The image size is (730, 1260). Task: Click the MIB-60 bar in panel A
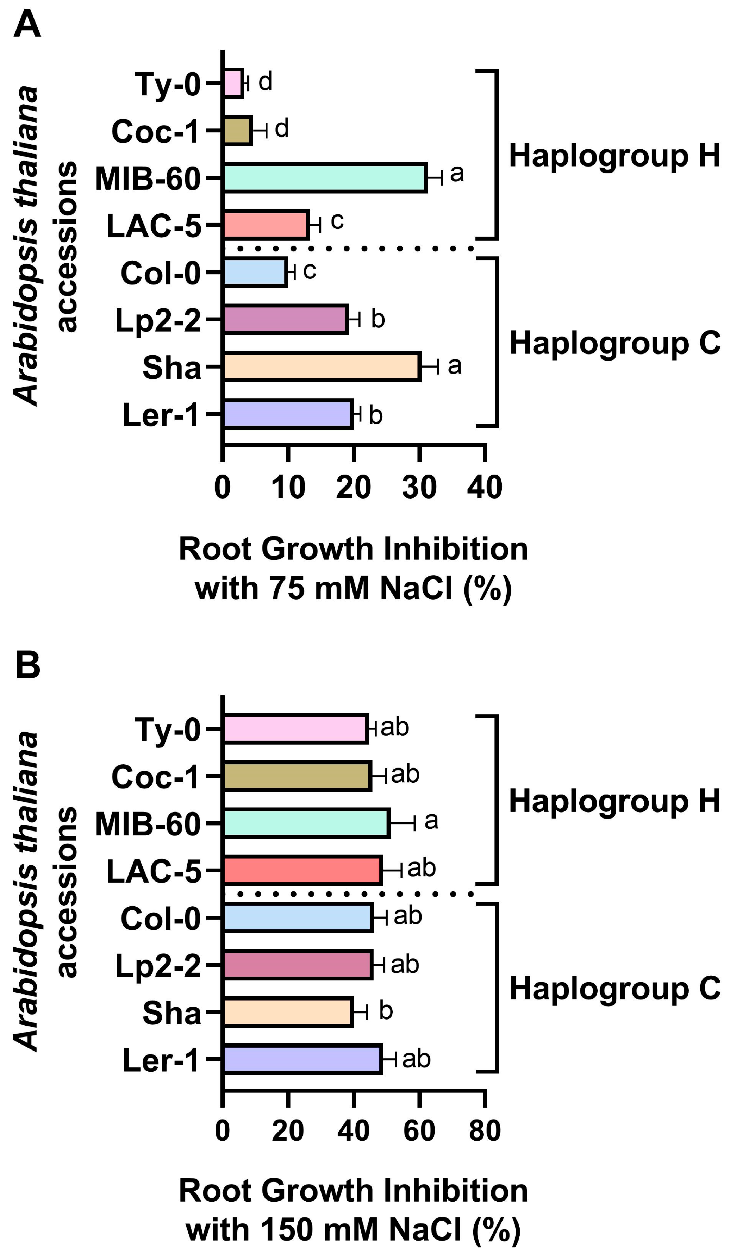click(x=324, y=177)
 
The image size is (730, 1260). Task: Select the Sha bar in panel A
click(x=321, y=366)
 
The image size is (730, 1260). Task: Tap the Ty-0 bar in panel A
click(x=232, y=83)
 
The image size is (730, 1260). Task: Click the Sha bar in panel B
click(x=287, y=1013)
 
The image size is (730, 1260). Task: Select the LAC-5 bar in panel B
click(x=302, y=871)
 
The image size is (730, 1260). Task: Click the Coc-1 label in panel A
click(x=155, y=132)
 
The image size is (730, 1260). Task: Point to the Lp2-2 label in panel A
click(x=157, y=320)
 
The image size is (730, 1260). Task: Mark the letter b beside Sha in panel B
click(x=386, y=1010)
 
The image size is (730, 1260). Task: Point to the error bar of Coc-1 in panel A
click(x=260, y=131)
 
